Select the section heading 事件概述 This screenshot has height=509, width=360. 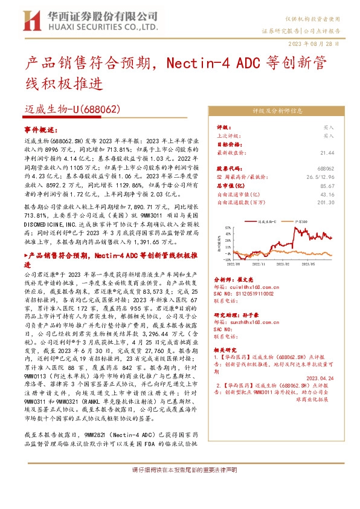click(x=39, y=129)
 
